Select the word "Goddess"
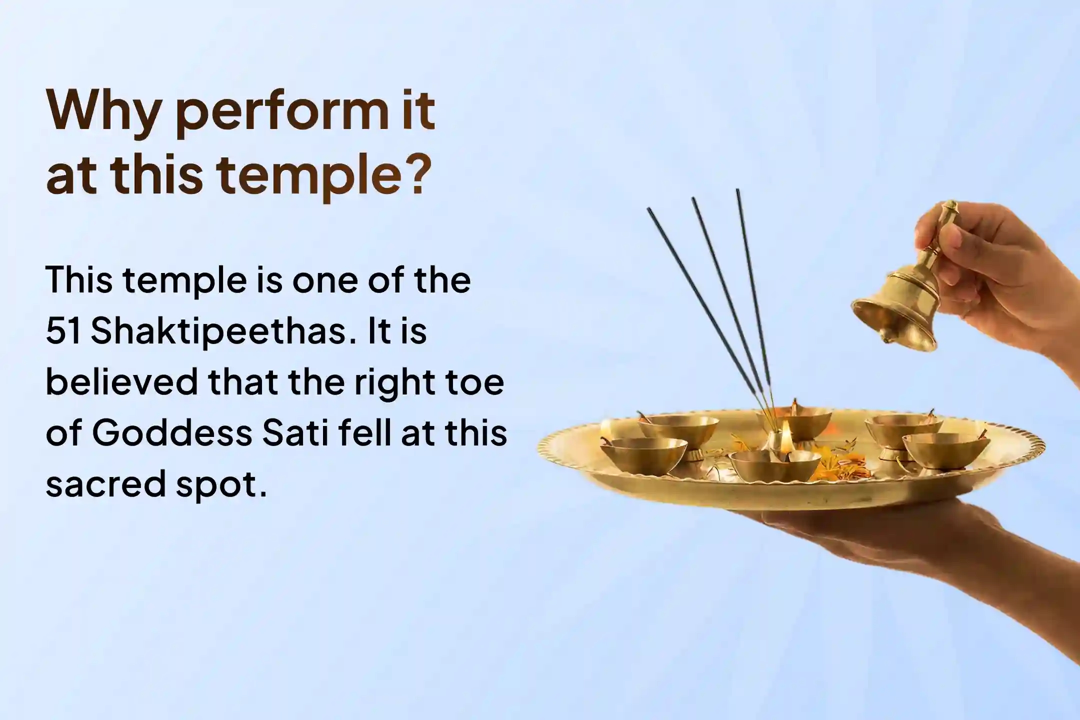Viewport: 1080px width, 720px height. pos(172,433)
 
